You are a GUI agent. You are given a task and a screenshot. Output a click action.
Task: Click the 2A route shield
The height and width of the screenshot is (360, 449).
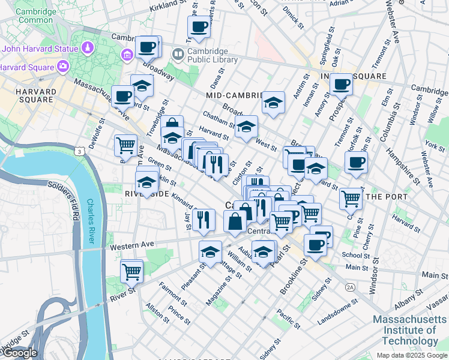point(350,287)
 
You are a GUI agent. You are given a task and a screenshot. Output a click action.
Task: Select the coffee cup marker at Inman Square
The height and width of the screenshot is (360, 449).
point(341,85)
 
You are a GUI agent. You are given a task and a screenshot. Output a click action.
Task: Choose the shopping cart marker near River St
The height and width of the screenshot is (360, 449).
point(131,271)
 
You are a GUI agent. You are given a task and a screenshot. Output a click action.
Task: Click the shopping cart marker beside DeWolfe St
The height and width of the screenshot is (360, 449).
point(125,145)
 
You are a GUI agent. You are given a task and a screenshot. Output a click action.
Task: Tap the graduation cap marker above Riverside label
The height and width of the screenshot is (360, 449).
point(146,182)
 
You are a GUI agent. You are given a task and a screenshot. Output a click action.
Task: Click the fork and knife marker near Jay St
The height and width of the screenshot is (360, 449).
point(205,220)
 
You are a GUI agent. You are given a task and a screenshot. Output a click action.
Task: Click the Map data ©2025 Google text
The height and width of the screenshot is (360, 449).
point(411,355)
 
